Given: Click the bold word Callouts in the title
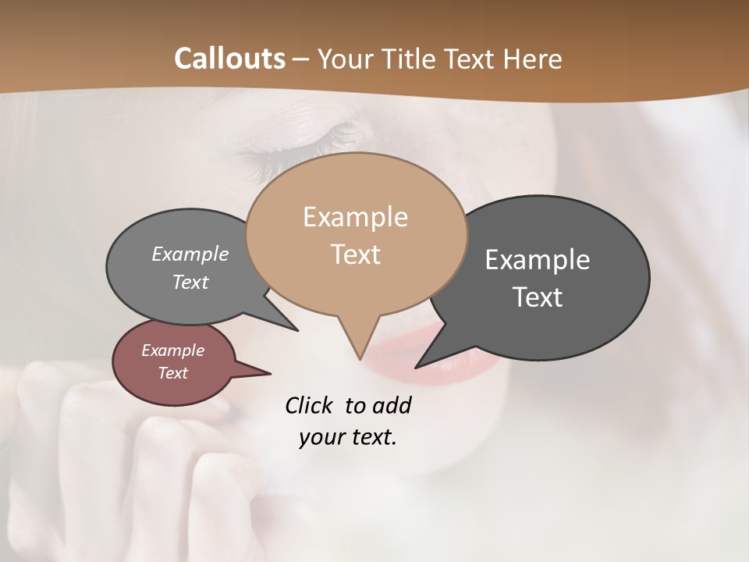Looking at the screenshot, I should tap(229, 59).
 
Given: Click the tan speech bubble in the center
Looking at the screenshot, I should tap(356, 234).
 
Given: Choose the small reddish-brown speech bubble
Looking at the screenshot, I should tap(174, 362).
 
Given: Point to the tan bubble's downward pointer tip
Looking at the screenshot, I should tap(360, 358).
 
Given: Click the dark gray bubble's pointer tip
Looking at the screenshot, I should tap(417, 366).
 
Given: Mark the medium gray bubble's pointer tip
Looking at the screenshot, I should tap(297, 330).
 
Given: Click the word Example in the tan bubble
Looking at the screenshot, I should tap(355, 217).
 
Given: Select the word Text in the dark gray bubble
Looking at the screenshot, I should tap(538, 297).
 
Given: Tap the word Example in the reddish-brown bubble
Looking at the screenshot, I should tap(172, 350).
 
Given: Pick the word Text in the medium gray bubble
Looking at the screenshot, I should tap(190, 282).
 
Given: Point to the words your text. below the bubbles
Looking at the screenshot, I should tap(348, 437).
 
